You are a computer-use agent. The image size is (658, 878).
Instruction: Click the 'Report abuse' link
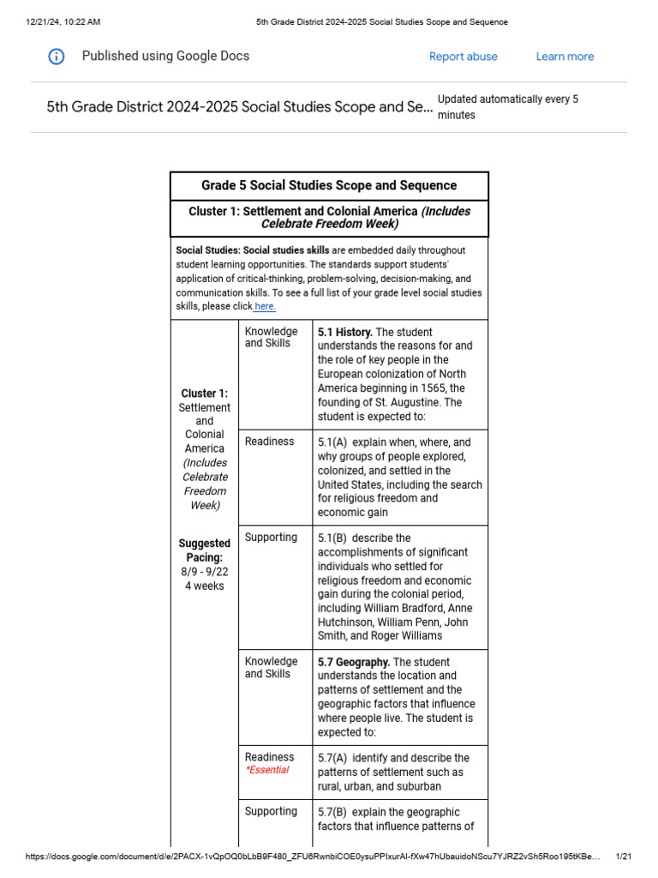[463, 57]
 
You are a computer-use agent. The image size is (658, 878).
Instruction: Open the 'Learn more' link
[565, 57]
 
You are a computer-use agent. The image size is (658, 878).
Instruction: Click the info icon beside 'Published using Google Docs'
[56, 57]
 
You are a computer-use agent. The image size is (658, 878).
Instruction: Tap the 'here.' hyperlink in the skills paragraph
[265, 306]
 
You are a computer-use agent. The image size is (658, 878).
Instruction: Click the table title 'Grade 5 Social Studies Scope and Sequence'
[329, 185]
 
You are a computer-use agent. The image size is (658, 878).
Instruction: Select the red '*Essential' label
[267, 770]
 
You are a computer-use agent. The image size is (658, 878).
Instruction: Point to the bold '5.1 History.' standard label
[344, 332]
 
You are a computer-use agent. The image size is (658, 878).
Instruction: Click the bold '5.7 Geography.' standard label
[353, 662]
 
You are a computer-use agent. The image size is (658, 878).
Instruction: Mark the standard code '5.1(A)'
[333, 442]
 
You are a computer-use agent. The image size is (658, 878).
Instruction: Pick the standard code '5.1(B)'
[333, 538]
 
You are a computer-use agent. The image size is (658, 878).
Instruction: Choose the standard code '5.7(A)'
[333, 758]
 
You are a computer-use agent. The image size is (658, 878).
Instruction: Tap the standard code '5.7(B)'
[333, 812]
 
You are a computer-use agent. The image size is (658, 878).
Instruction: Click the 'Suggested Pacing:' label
[204, 550]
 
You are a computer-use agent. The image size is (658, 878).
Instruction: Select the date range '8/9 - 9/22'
[204, 572]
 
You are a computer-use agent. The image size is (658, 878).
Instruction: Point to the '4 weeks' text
[204, 586]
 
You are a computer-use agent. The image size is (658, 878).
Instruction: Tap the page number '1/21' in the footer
[623, 857]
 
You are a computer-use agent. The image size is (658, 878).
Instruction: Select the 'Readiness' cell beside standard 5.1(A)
[269, 442]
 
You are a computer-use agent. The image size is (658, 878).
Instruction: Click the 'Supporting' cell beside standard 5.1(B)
[271, 538]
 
